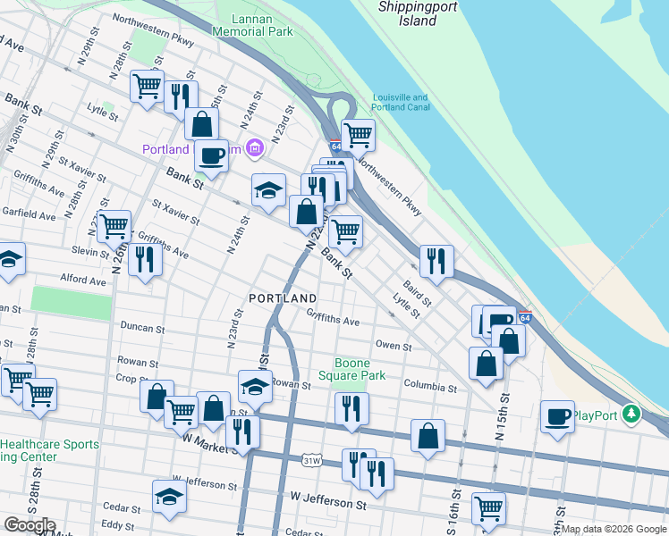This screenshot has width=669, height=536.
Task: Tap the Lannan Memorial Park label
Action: (x=252, y=24)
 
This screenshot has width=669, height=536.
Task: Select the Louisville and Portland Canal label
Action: (x=401, y=103)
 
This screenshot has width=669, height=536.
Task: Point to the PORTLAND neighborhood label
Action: (x=283, y=297)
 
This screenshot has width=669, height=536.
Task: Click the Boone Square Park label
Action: (x=360, y=369)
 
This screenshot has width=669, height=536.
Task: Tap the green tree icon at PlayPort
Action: (x=633, y=414)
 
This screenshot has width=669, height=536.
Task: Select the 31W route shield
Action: (x=312, y=461)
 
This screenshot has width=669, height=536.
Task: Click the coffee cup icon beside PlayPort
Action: (x=558, y=415)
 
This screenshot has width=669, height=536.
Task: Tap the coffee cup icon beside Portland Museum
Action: (x=211, y=155)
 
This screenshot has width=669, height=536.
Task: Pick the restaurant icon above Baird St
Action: (x=436, y=260)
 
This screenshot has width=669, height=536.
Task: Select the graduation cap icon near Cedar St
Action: (x=169, y=496)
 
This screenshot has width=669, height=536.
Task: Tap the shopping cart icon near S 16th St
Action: (x=488, y=508)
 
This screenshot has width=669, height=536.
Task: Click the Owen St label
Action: (x=394, y=346)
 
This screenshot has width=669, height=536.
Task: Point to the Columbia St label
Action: (x=429, y=389)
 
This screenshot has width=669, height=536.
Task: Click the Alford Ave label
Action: (x=83, y=280)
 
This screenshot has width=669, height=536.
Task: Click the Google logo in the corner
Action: (x=29, y=525)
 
